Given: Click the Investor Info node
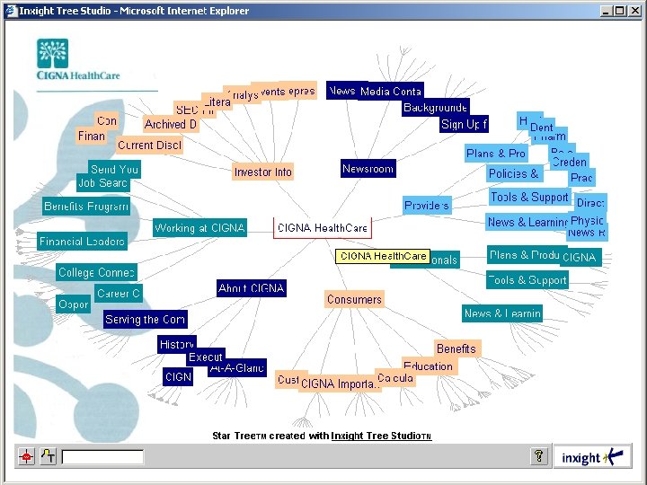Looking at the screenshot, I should (263, 172).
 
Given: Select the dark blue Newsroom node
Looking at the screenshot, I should (368, 169).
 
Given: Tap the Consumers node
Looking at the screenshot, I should (354, 299).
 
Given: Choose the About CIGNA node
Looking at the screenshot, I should (252, 288).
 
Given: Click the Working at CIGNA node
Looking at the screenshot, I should (199, 228).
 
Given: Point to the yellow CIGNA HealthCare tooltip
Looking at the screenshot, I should (383, 256).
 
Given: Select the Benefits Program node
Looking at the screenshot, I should (86, 207).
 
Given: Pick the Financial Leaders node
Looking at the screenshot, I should (82, 242).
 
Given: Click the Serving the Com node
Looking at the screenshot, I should (145, 319).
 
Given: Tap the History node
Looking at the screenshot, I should (176, 344).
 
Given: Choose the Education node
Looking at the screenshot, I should (428, 366).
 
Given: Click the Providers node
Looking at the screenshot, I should (427, 206).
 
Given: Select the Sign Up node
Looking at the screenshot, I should (464, 124).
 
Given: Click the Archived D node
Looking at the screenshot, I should (170, 124).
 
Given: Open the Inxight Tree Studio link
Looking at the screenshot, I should (381, 436).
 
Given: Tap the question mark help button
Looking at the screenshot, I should (539, 457).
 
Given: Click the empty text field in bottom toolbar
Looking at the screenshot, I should (102, 457).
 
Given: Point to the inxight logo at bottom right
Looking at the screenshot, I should (592, 457).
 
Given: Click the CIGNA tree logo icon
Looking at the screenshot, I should (52, 54).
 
